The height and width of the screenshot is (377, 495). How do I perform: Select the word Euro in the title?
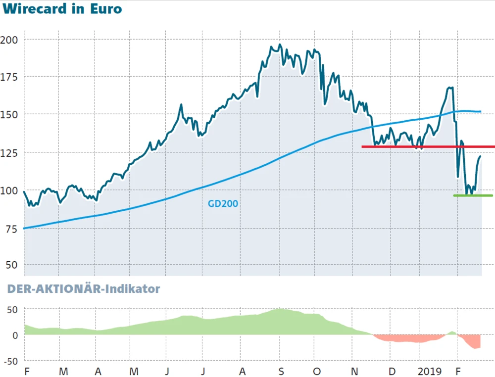pyautogui.click(x=105, y=9)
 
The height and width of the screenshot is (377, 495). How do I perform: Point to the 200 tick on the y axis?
pyautogui.click(x=10, y=39)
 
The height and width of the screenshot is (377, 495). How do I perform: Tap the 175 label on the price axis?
pyautogui.click(x=10, y=77)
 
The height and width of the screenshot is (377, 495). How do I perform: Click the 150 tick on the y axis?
pyautogui.click(x=10, y=114)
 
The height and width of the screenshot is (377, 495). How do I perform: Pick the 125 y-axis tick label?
pyautogui.click(x=10, y=152)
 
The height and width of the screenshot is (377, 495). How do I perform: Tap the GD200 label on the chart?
pyautogui.click(x=223, y=203)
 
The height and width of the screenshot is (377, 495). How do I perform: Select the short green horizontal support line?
pyautogui.click(x=473, y=195)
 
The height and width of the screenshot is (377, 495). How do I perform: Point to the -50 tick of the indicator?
pyautogui.click(x=10, y=361)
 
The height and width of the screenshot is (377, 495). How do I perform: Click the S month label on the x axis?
pyautogui.click(x=280, y=371)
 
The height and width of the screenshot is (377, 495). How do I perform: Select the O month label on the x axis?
pyautogui.click(x=317, y=371)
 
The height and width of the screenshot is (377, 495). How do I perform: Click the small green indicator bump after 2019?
pyautogui.click(x=452, y=332)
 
